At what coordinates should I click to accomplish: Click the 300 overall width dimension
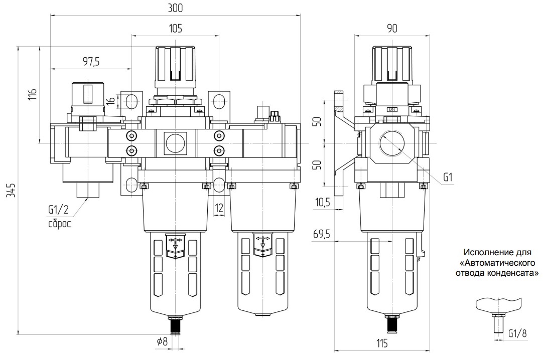click(x=175, y=8)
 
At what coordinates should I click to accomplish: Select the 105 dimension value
click(x=176, y=28)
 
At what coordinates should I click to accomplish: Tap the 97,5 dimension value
click(x=91, y=61)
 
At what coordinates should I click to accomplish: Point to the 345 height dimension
click(x=12, y=190)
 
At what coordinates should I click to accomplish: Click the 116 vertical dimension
click(x=32, y=94)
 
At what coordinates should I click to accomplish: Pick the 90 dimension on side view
click(x=392, y=28)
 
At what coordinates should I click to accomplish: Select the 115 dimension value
click(x=382, y=343)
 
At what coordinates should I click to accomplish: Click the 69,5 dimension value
click(x=322, y=234)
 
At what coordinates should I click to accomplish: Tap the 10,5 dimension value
click(x=322, y=202)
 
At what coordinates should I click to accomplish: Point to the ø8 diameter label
click(x=162, y=341)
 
